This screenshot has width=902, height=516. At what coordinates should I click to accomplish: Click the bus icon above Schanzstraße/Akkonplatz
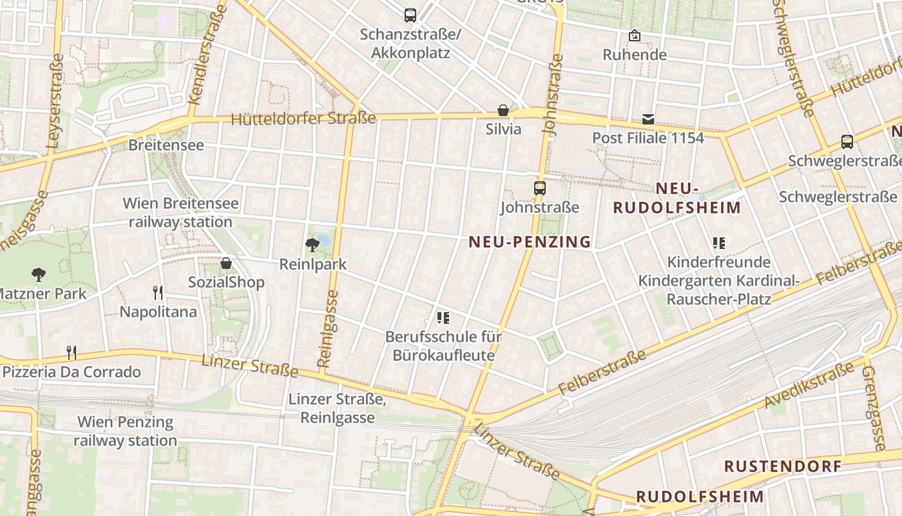click(410, 15)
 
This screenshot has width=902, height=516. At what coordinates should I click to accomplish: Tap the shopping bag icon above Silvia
click(503, 110)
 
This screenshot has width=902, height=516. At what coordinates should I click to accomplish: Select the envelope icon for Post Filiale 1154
click(648, 119)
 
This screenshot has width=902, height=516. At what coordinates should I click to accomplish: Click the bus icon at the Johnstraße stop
click(540, 188)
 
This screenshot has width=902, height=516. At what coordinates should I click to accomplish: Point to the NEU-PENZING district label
click(530, 242)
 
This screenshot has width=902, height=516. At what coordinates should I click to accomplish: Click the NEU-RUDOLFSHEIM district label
click(676, 198)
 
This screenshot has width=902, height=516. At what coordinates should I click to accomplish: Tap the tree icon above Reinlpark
click(312, 244)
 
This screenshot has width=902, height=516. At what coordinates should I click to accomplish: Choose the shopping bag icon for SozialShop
click(226, 263)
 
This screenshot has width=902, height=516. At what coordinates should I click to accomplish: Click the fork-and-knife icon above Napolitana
click(158, 293)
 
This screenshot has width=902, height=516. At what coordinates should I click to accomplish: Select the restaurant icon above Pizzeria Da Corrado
click(72, 353)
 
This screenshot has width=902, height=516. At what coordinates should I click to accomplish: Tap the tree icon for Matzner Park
click(39, 275)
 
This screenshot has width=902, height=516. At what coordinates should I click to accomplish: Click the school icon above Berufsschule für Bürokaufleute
click(443, 317)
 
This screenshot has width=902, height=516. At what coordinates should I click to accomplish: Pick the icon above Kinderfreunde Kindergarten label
click(718, 243)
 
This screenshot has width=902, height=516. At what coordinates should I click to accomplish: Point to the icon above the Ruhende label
click(635, 35)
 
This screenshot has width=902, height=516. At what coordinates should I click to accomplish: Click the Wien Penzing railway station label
click(125, 432)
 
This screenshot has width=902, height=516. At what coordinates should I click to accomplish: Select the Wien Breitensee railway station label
click(180, 213)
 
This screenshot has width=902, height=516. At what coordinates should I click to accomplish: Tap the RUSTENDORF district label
click(783, 466)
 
